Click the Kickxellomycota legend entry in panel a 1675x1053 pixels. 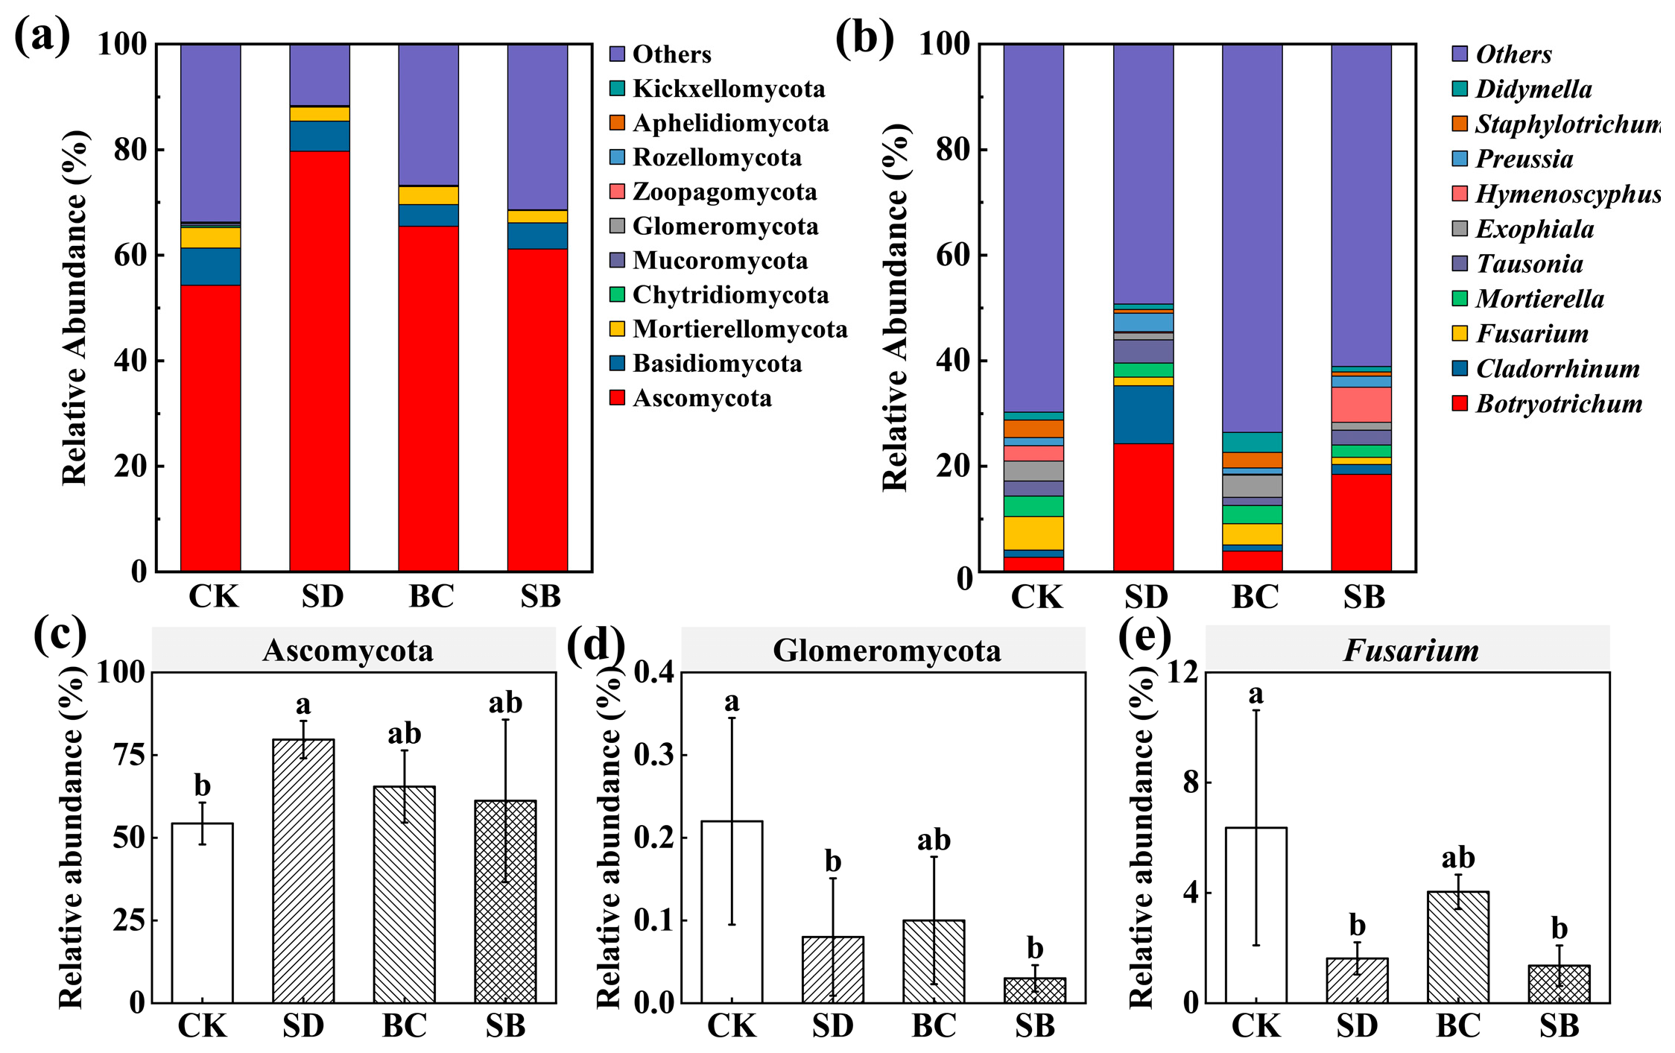tap(728, 89)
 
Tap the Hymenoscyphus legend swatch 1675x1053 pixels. tap(1460, 194)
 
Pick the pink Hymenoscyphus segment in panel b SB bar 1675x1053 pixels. tap(1361, 404)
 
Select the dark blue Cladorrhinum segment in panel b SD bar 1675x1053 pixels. tap(1144, 414)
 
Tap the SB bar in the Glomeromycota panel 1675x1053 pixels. tap(1035, 990)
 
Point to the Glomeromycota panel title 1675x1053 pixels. tap(886, 651)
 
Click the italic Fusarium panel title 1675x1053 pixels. tap(1410, 651)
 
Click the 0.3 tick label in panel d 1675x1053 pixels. tap(654, 755)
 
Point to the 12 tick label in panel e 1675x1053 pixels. tap(1182, 672)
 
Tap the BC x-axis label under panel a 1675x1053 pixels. tap(431, 597)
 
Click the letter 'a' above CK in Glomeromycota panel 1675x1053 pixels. tap(732, 701)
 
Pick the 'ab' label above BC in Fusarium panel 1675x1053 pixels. tap(1457, 858)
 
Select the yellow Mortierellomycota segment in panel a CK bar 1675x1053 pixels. tap(211, 238)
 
